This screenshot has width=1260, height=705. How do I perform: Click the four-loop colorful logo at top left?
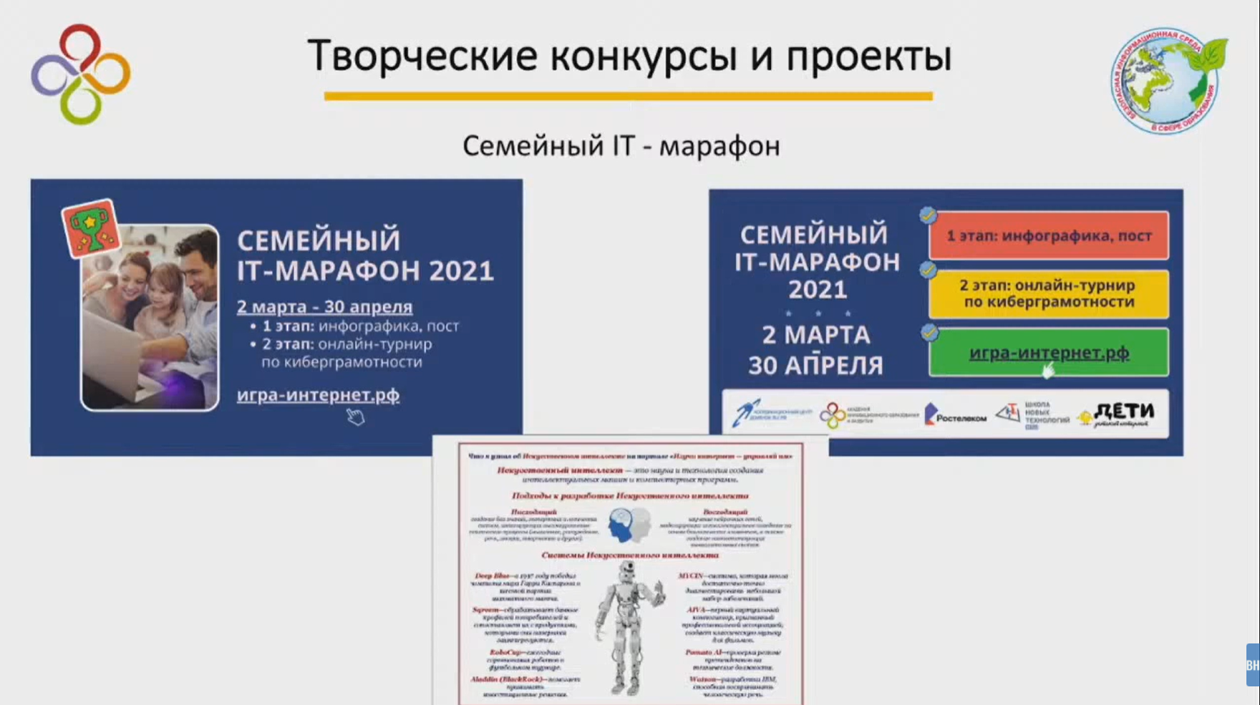[80, 74]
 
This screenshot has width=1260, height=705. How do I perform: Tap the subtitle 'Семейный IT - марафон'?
[621, 146]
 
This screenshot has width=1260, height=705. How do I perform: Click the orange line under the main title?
[628, 96]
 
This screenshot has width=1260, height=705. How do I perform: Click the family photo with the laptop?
[150, 319]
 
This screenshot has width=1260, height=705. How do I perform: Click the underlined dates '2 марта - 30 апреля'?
[324, 307]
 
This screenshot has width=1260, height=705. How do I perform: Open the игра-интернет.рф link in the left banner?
[318, 395]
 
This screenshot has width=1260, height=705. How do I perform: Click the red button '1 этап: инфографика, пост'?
[1048, 235]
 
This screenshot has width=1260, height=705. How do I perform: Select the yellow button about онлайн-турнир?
[1048, 293]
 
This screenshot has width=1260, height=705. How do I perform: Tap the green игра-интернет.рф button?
[1048, 352]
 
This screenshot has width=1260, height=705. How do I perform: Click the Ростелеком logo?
[955, 415]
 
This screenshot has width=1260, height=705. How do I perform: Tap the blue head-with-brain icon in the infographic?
[622, 525]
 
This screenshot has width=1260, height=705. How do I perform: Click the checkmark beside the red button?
[928, 215]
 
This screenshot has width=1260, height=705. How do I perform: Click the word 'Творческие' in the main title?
[422, 56]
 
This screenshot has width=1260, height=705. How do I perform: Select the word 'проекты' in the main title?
[868, 56]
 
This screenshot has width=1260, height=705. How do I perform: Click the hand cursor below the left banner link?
[355, 417]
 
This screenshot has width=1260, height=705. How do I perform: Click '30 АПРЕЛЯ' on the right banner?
[815, 365]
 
